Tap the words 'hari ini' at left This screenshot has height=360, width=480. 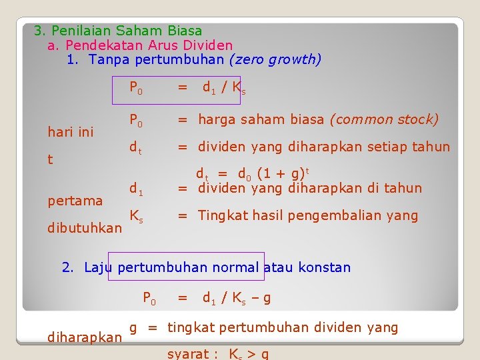(x=71, y=132)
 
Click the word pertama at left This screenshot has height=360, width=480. (x=75, y=201)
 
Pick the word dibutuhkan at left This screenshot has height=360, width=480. (x=85, y=228)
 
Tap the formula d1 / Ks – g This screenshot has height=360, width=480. (x=237, y=298)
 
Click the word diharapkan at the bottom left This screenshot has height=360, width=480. (x=85, y=337)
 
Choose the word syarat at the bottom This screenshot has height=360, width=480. (x=189, y=354)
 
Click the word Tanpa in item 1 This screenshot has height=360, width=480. (x=109, y=60)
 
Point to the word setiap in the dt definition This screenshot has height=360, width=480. (x=385, y=147)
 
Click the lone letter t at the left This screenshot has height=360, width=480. (x=51, y=160)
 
